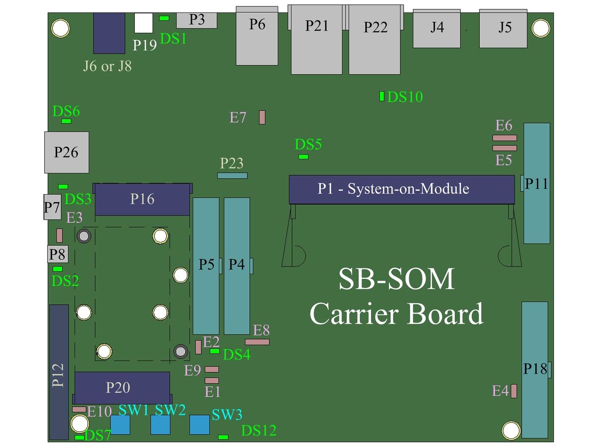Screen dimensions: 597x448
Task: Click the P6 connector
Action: (x=257, y=36)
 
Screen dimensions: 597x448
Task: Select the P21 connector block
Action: (x=316, y=39)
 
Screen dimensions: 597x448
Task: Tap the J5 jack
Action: (x=503, y=28)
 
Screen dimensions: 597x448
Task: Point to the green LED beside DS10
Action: (x=382, y=96)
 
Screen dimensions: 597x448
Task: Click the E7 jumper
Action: (x=262, y=117)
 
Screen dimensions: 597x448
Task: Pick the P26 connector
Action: (x=67, y=152)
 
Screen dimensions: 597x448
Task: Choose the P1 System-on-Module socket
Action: (x=401, y=189)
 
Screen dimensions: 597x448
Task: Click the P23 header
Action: (x=232, y=176)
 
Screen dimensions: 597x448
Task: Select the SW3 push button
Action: (x=199, y=425)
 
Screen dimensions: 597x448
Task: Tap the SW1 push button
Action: (x=120, y=425)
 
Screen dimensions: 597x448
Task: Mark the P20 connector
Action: (x=122, y=388)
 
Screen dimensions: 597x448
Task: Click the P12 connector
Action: (x=59, y=372)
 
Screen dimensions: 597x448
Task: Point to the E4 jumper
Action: (x=513, y=391)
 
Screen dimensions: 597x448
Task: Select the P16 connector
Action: (x=142, y=200)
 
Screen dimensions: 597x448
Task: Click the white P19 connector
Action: (x=144, y=23)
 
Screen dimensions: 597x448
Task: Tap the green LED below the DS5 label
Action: (x=303, y=157)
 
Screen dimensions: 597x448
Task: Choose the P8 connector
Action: (x=58, y=254)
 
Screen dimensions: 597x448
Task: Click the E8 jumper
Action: (x=257, y=342)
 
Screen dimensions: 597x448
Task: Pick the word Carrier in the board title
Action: (x=354, y=314)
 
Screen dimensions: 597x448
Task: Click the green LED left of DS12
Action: (x=223, y=437)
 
